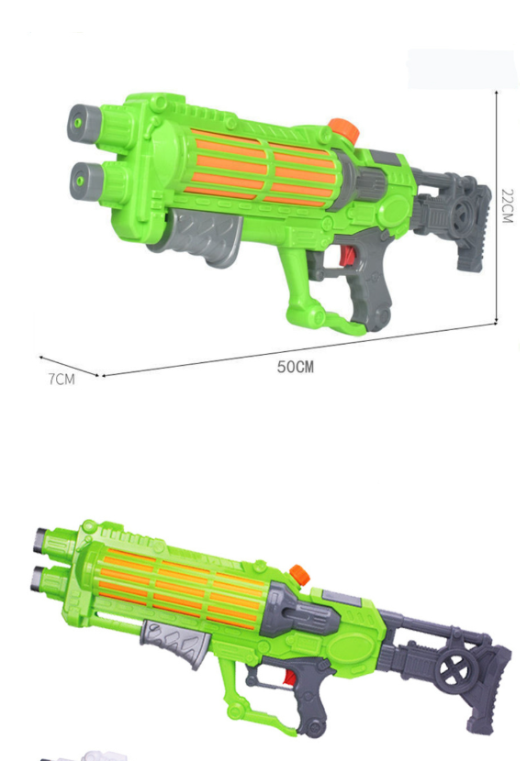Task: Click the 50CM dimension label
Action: [296, 367]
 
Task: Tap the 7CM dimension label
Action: [62, 379]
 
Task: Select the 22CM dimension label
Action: [508, 205]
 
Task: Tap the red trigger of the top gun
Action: [347, 256]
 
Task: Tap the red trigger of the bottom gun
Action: [289, 678]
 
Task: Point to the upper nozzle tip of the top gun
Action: [80, 123]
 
